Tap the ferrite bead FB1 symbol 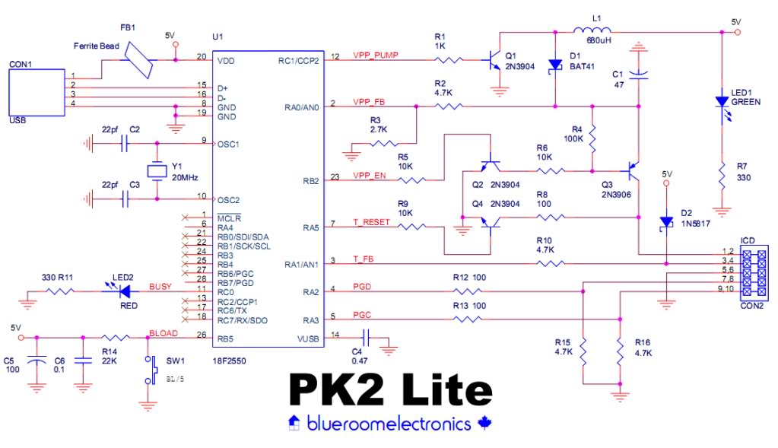point(140,60)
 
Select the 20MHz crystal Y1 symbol point(157,171)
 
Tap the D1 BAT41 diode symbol point(555,65)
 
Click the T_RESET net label point(370,222)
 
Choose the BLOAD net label point(163,333)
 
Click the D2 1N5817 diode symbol point(666,222)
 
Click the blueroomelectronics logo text point(389,424)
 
